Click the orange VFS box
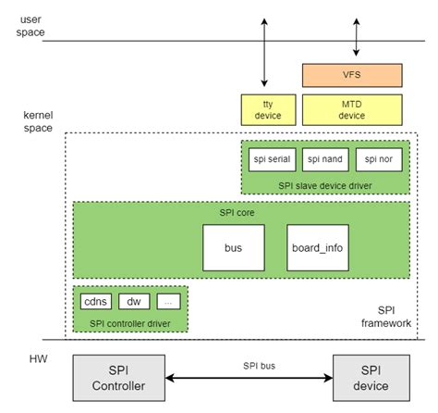click(352, 75)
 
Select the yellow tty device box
click(266, 110)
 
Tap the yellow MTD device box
click(352, 110)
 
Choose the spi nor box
click(378, 159)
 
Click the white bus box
click(233, 247)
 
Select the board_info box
click(318, 247)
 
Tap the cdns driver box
click(95, 301)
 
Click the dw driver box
click(133, 301)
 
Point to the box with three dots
click(168, 301)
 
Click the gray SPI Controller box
click(119, 378)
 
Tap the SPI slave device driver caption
click(324, 184)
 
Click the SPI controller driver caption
click(130, 322)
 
